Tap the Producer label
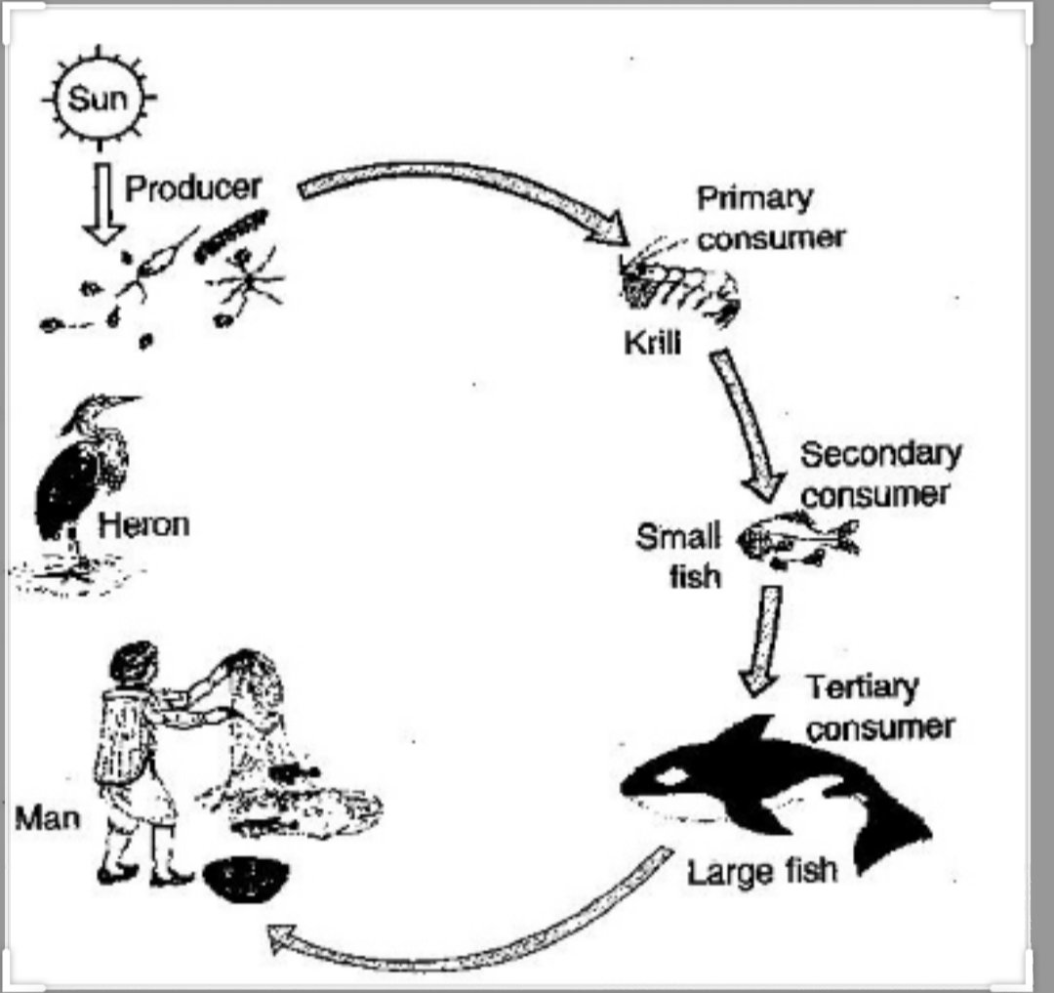(193, 187)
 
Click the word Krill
(651, 343)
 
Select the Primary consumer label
(768, 217)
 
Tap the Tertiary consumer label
(878, 707)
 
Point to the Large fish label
(762, 870)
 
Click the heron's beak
(119, 400)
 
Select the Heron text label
(143, 524)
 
